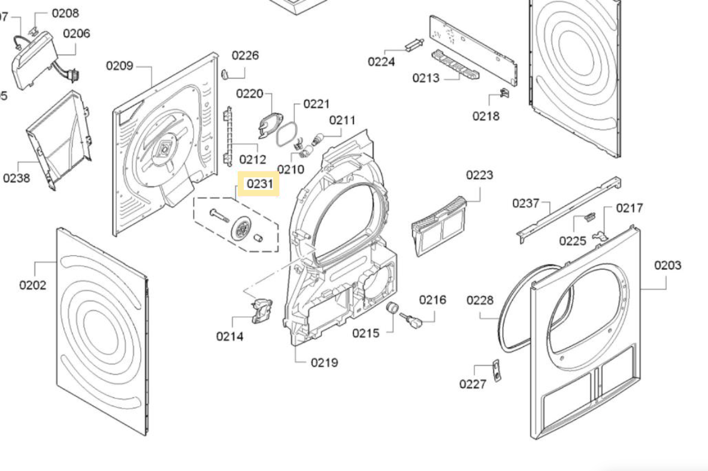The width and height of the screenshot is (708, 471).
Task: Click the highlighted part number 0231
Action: point(259,184)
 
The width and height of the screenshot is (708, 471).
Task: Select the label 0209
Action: point(120,65)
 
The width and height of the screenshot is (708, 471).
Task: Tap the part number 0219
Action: point(324,363)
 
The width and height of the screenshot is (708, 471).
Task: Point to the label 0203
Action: point(667,265)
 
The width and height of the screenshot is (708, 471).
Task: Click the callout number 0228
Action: point(480,300)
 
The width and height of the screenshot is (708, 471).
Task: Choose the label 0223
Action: point(479,175)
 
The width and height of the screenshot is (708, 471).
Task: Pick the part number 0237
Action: point(526,203)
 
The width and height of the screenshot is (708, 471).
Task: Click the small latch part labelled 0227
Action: point(496,370)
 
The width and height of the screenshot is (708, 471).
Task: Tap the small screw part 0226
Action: point(225,74)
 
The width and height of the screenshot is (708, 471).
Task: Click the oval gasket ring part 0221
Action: point(286,134)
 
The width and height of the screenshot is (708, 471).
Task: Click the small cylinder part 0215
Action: point(392,308)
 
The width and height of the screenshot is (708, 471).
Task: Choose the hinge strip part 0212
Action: point(227,135)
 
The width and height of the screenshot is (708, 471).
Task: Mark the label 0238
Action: point(17,178)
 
